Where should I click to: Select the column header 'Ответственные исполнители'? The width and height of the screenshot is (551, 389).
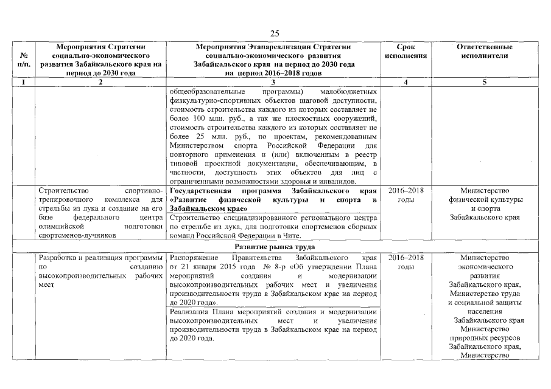485,51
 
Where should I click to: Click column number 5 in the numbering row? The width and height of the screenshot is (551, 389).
485,82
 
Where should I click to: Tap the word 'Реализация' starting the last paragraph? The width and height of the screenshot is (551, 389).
190,312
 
